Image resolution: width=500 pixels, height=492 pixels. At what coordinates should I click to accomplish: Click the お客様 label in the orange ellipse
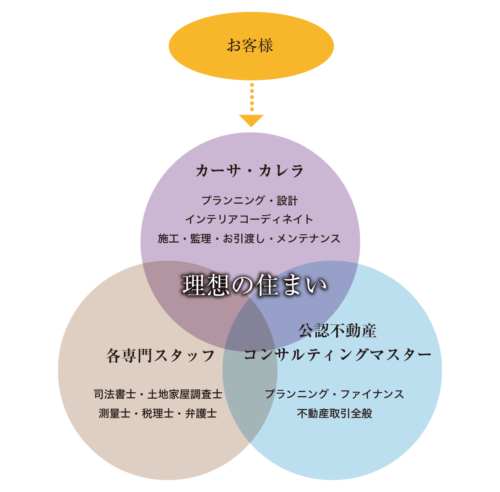[250, 45]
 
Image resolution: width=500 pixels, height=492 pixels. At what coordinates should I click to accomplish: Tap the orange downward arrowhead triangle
[251, 120]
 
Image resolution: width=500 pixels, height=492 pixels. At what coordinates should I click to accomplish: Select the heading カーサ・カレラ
[250, 170]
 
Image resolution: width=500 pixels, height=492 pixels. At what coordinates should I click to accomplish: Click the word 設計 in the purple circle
[287, 200]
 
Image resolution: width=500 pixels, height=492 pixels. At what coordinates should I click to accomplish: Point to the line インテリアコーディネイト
[250, 219]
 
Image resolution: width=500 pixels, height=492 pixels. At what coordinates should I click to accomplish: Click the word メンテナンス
[308, 238]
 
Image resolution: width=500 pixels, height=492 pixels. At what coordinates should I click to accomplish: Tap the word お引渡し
[244, 238]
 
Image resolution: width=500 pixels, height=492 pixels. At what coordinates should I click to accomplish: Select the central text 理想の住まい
[255, 285]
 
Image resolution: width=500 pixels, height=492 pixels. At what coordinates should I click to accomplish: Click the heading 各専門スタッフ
[160, 356]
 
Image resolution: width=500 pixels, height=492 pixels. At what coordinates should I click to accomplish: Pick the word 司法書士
[115, 394]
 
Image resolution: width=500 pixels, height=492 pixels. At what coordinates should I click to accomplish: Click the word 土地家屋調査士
[185, 394]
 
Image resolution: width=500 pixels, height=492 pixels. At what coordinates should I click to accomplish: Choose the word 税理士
[158, 413]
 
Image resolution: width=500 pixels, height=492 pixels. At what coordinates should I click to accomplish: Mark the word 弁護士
[201, 413]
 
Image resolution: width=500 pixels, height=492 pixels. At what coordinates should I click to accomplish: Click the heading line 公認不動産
[337, 330]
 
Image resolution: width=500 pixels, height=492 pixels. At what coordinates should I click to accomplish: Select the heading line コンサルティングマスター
[337, 354]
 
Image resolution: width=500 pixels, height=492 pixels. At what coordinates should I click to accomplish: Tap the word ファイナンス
[372, 394]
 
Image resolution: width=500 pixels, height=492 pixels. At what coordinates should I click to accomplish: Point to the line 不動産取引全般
[335, 413]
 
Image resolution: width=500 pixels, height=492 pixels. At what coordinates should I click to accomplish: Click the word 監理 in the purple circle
[201, 238]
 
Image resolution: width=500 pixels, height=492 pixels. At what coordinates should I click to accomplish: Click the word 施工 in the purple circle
[168, 238]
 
